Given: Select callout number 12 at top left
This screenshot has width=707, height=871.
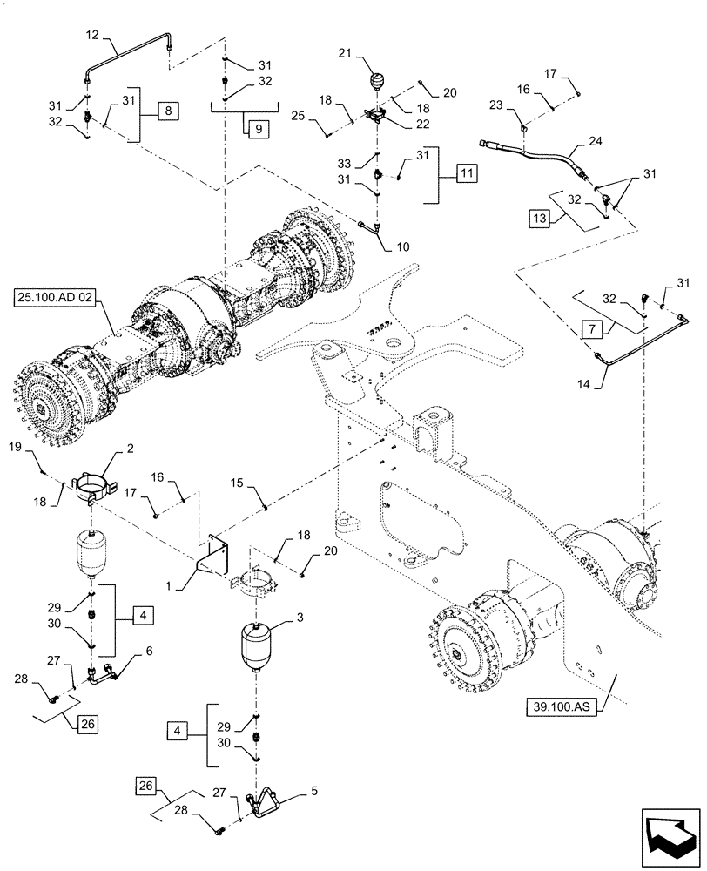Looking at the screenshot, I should click(x=93, y=36).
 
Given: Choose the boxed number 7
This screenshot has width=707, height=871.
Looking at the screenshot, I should click(x=589, y=330).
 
